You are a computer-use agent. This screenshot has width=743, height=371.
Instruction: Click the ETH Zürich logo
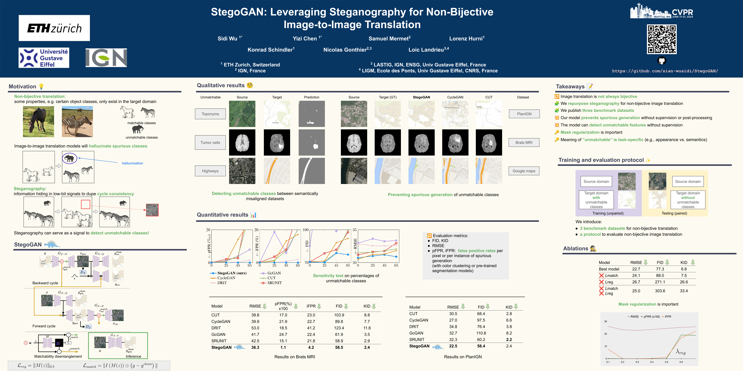(x=54, y=28)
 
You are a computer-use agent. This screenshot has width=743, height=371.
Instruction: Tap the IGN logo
(x=106, y=58)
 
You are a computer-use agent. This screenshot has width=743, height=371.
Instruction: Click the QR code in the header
(x=662, y=39)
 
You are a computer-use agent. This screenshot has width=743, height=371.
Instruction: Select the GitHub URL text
(x=665, y=71)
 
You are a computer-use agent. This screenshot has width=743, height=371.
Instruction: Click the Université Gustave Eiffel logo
(x=44, y=58)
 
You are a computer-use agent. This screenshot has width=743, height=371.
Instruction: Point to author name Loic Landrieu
(x=428, y=50)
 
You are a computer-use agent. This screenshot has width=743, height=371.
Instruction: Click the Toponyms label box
(x=210, y=114)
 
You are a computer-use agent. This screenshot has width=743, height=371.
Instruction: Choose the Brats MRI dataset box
(x=524, y=142)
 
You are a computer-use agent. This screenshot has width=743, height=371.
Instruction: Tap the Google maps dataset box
(x=524, y=171)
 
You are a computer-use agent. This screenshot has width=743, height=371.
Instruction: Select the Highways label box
(x=210, y=171)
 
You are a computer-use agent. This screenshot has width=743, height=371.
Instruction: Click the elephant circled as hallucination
(x=70, y=158)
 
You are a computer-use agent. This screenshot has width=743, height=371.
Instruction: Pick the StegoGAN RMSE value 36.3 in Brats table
(x=255, y=347)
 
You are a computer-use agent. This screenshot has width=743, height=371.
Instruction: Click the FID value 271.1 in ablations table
(x=660, y=282)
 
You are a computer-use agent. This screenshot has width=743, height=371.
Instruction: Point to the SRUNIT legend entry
(x=274, y=283)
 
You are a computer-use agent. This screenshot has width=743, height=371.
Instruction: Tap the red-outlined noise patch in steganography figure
(x=152, y=210)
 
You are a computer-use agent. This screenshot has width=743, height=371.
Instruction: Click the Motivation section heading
(x=22, y=86)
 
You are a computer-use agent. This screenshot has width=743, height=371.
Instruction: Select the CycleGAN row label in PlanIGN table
(x=418, y=320)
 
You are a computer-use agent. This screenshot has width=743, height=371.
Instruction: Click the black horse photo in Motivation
(x=38, y=122)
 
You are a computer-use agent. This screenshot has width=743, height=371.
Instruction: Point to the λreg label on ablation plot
(x=681, y=352)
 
